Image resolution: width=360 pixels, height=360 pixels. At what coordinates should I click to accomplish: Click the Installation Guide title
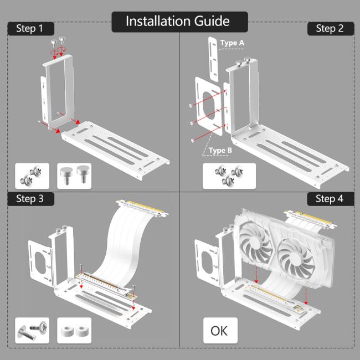(177, 21)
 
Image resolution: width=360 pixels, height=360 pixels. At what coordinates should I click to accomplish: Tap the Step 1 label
(30, 28)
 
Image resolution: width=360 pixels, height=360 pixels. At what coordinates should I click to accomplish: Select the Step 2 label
(329, 28)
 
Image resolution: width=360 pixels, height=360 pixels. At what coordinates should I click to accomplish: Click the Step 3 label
(30, 199)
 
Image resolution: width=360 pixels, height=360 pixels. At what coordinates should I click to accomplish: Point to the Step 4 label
(329, 199)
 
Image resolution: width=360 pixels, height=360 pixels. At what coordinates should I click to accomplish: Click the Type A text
(232, 43)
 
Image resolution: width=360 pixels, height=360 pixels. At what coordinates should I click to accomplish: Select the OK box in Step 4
(219, 331)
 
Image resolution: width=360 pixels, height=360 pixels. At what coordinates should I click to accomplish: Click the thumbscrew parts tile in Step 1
(76, 177)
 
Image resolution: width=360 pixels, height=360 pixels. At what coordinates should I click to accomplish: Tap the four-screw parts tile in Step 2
(229, 177)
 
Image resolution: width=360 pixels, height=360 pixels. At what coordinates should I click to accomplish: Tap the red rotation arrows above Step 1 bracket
(56, 51)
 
